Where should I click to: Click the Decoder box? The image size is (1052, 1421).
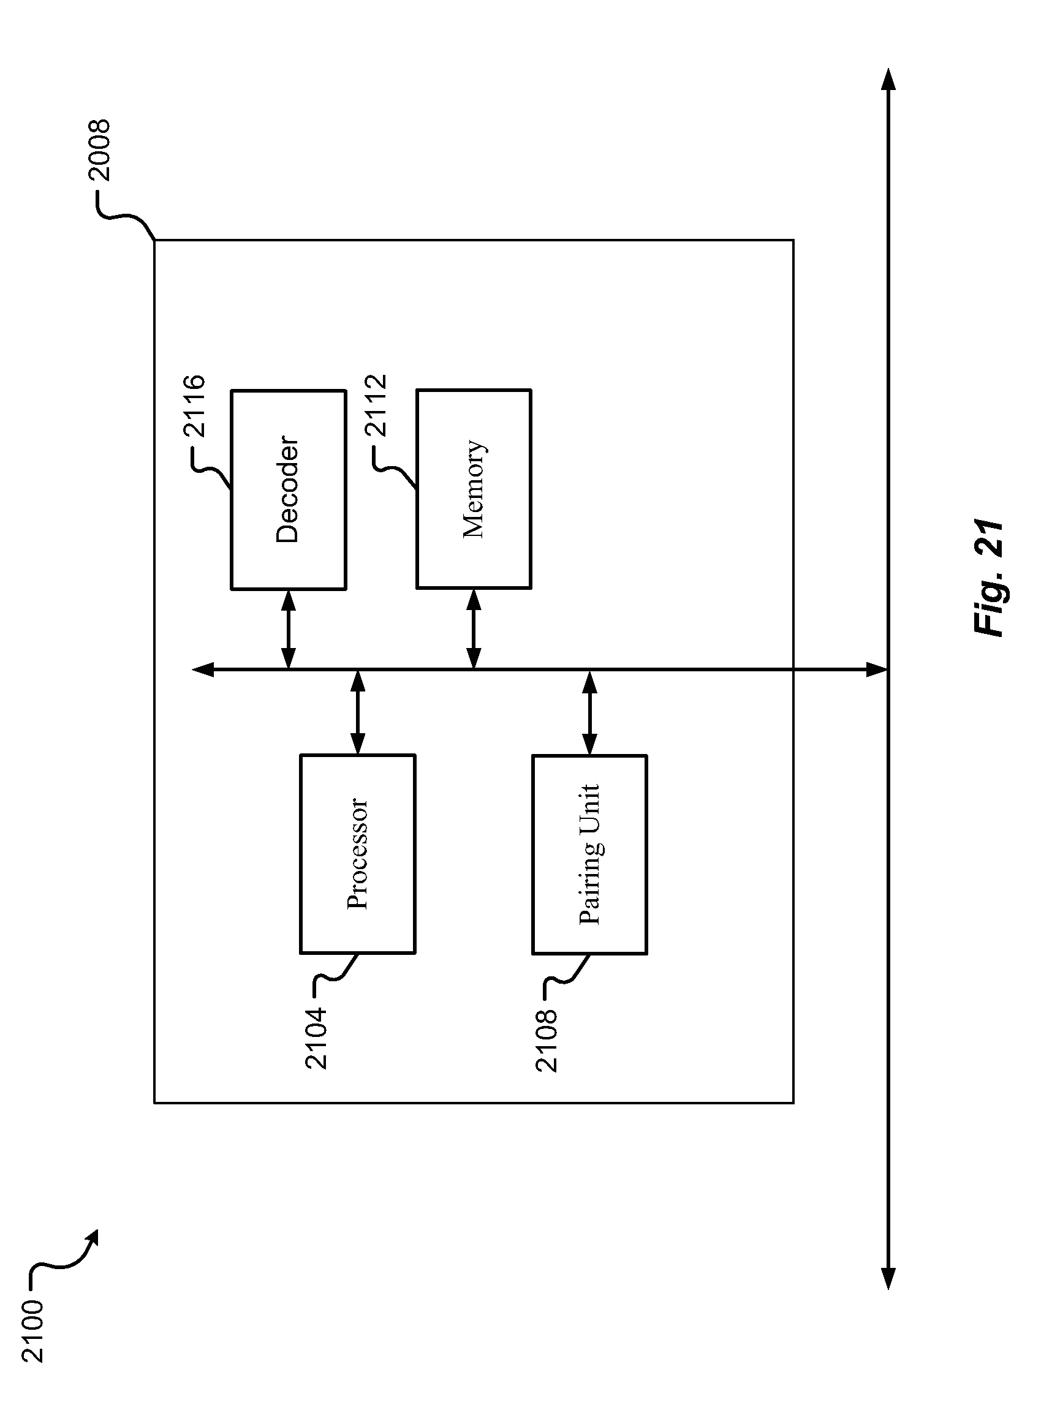(288, 489)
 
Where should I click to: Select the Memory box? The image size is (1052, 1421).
(473, 489)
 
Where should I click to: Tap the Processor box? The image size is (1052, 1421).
(357, 854)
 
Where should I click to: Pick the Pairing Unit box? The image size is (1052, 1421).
(589, 854)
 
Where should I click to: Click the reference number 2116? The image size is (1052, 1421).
(194, 405)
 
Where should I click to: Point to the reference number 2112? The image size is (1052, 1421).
(375, 405)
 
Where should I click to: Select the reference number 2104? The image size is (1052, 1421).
(316, 1037)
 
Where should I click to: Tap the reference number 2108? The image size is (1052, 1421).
(547, 1040)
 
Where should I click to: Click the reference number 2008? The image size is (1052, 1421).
(99, 150)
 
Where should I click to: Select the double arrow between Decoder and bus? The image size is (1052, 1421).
(288, 629)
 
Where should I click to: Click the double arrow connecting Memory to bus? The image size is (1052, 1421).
(473, 629)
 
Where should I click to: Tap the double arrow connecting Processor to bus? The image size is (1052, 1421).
(358, 712)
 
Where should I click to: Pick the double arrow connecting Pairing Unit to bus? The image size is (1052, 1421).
(589, 712)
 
